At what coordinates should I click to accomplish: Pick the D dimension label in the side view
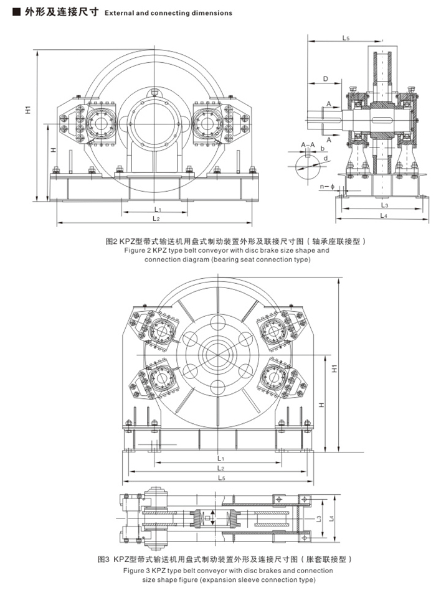click(x=325, y=78)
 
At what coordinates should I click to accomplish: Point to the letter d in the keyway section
click(x=325, y=158)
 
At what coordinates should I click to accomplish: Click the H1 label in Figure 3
click(x=334, y=368)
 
